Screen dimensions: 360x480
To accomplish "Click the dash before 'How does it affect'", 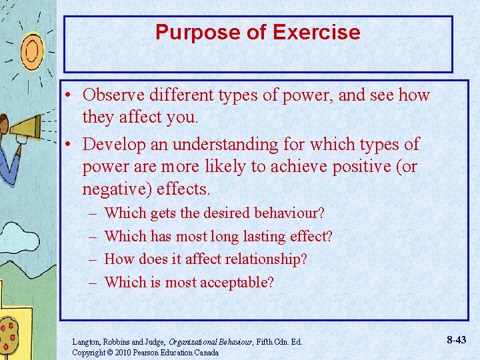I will [x=91, y=259].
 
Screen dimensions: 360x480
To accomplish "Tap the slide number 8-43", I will [x=457, y=340].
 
